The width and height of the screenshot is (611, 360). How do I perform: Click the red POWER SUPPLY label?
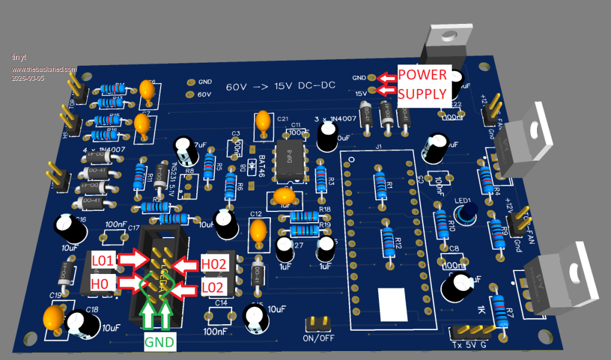coord(422,84)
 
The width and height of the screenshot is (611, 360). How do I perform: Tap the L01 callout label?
coord(103,260)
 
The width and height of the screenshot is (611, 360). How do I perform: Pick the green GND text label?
coord(160,343)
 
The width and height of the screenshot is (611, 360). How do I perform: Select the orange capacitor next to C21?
coord(262,122)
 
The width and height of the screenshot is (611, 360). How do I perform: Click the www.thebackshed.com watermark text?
coord(44,69)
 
